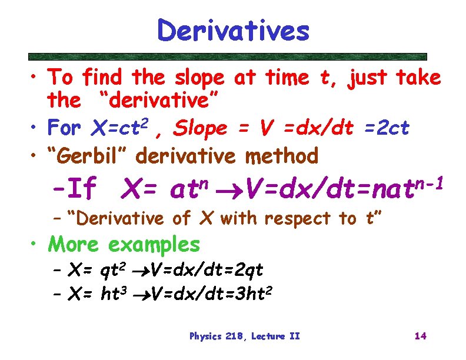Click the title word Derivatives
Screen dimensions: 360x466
click(233, 31)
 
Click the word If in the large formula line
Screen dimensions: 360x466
click(81, 189)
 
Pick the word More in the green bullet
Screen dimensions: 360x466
click(75, 243)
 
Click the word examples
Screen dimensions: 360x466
click(154, 244)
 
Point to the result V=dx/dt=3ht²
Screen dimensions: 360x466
click(211, 292)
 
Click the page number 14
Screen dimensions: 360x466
click(420, 336)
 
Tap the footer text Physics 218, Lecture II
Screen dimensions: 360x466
click(244, 336)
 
